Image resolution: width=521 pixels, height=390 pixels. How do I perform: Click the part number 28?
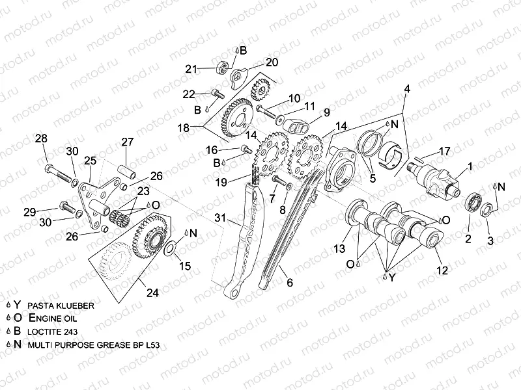pyautogui.click(x=41, y=138)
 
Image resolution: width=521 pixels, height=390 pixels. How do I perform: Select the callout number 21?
pyautogui.click(x=190, y=68)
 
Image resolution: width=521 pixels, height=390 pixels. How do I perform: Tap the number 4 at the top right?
pyautogui.click(x=407, y=88)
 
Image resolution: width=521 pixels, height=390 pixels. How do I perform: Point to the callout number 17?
pyautogui.click(x=445, y=151)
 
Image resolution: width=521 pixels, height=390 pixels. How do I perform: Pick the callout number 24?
pyautogui.click(x=152, y=292)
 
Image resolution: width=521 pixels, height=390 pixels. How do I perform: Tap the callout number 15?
pyautogui.click(x=185, y=265)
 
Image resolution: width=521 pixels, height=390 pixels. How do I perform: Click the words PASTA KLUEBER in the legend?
pyautogui.click(x=61, y=304)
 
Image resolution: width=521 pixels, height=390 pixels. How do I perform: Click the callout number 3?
pyautogui.click(x=490, y=240)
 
